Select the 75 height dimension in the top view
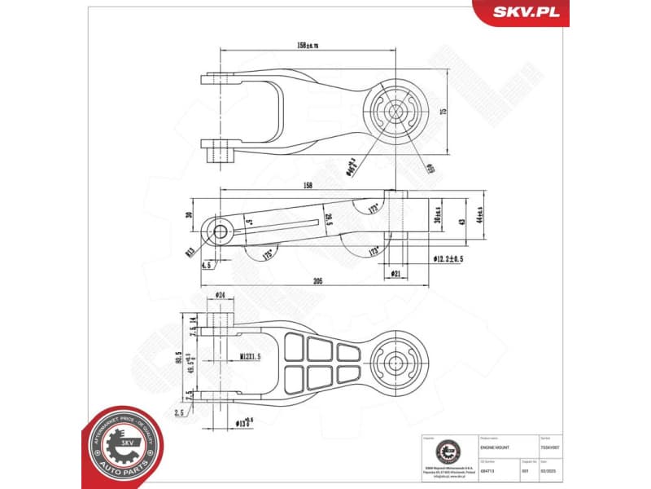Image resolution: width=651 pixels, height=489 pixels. point(443,112)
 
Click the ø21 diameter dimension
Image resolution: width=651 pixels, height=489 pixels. point(396,272)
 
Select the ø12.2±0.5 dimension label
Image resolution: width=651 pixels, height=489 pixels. point(442,259)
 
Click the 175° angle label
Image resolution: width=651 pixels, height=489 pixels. point(268,254)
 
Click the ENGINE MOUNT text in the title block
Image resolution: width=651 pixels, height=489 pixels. point(494,447)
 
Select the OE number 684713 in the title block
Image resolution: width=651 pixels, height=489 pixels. point(487,471)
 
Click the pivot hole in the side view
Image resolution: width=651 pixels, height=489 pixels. point(220,232)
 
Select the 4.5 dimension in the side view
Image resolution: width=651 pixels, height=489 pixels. point(209,264)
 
